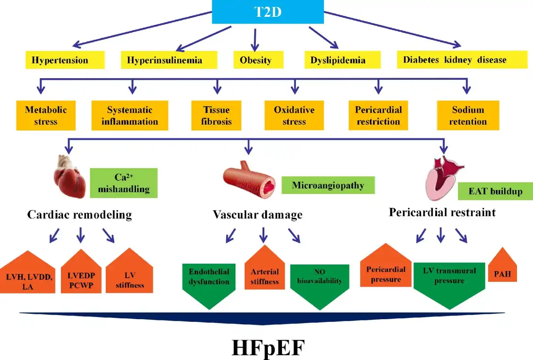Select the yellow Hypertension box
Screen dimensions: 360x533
tap(65, 60)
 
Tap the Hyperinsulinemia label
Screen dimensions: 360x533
tap(169, 60)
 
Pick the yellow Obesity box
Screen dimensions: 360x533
tap(255, 60)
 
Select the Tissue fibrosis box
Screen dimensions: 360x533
tap(216, 115)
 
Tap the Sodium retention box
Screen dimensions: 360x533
tap(468, 115)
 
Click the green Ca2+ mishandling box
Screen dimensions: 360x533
tap(124, 183)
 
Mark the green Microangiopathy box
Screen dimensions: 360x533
tap(328, 185)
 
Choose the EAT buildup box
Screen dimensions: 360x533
tap(495, 192)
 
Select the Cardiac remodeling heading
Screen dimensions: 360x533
tap(80, 215)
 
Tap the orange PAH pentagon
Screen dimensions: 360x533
tap(502, 271)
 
